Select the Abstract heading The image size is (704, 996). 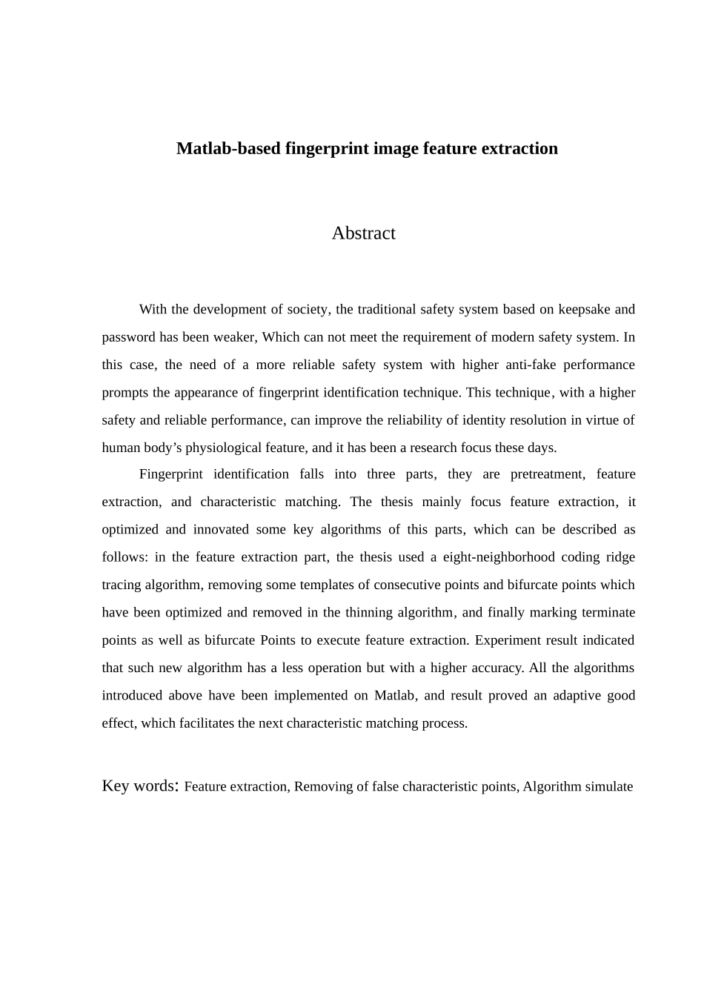point(363,233)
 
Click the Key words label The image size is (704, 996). point(139,786)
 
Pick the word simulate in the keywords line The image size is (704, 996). point(608,787)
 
